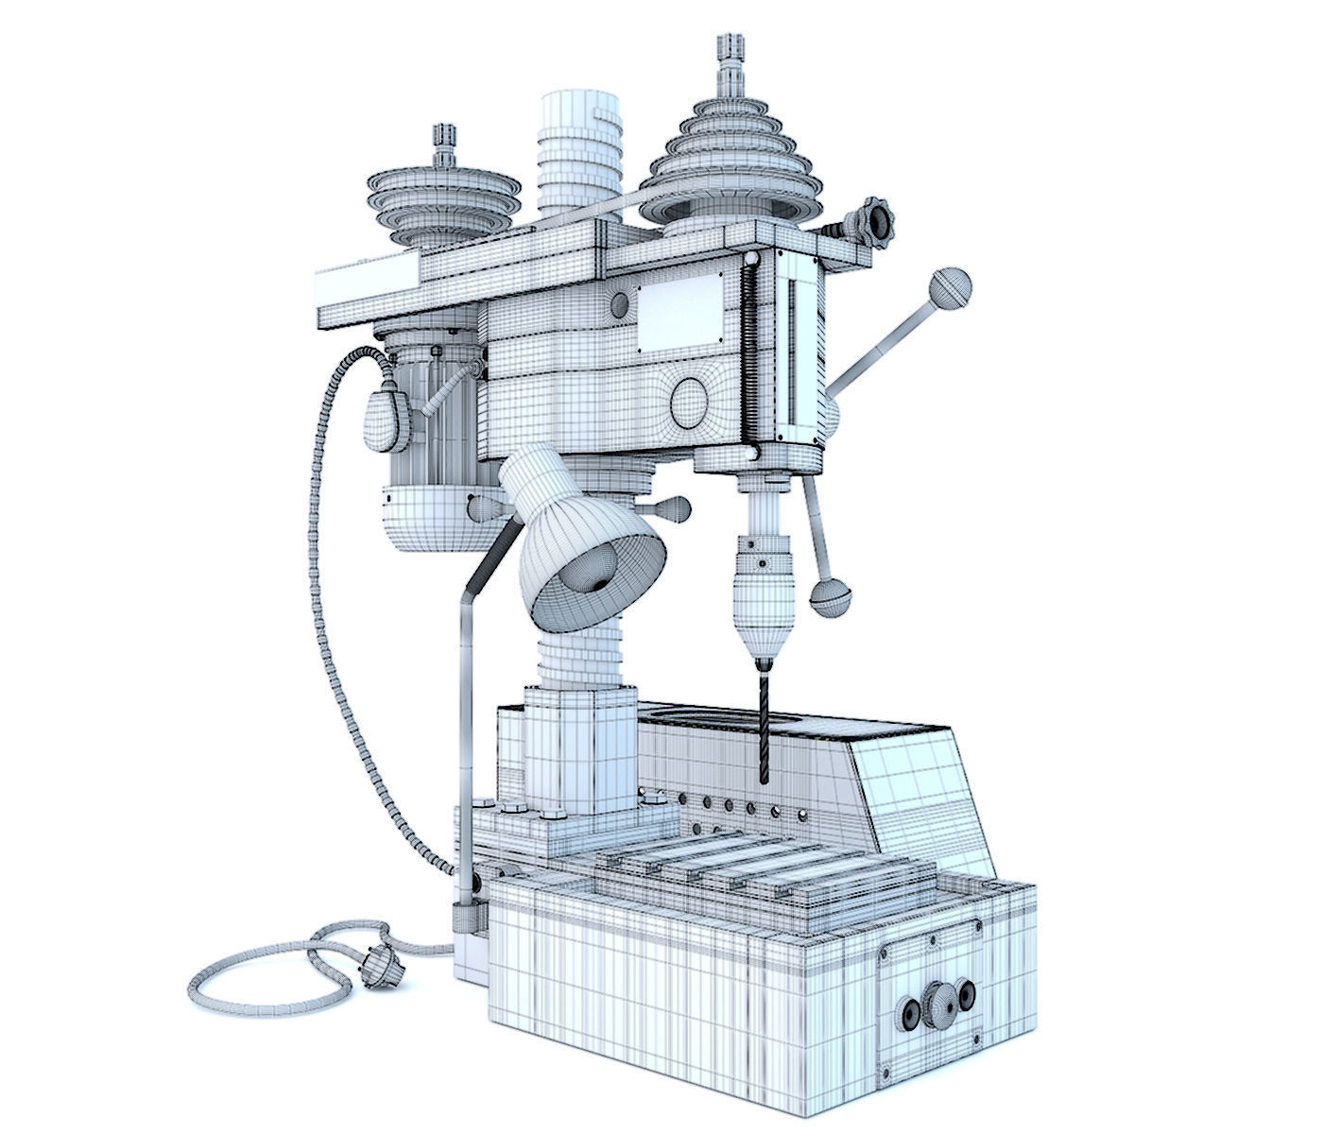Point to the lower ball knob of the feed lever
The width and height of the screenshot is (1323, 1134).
(x=831, y=596)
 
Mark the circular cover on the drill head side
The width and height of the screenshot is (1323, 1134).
(x=691, y=402)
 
